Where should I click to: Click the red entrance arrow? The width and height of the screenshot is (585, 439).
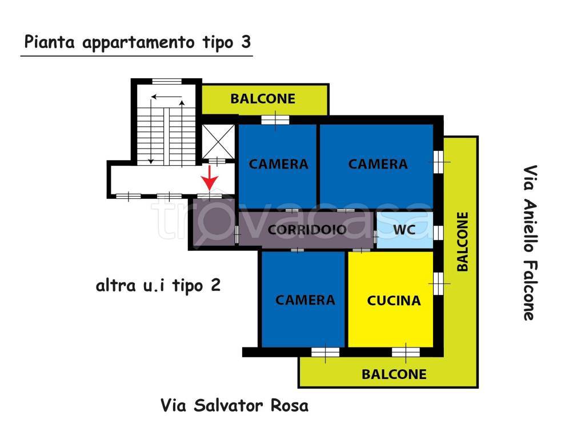(210, 178)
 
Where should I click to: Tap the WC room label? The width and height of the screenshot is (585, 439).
(404, 230)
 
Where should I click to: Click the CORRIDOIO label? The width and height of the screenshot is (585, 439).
(307, 230)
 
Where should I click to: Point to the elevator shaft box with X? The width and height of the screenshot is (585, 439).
(218, 141)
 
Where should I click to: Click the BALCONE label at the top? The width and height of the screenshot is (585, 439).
(263, 98)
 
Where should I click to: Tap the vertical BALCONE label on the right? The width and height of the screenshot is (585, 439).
(462, 241)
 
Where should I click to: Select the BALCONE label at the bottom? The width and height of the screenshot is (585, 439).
(394, 374)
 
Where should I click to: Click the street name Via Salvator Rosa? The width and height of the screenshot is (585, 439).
(234, 406)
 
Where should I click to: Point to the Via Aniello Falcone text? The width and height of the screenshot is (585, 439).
(530, 243)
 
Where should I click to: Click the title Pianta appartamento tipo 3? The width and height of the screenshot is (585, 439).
(137, 43)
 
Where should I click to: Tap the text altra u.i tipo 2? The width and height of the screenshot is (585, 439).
(158, 286)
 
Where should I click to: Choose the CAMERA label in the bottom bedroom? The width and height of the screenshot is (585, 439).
(305, 300)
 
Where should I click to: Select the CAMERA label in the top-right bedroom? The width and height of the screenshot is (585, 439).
(378, 164)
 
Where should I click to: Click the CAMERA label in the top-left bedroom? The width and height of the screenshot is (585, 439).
(279, 164)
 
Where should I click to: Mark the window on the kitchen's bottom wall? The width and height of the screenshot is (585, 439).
(407, 352)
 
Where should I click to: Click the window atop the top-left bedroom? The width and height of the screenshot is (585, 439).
(275, 119)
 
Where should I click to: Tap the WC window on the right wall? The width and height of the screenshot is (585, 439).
(438, 232)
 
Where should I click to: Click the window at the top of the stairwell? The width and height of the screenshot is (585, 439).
(166, 81)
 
